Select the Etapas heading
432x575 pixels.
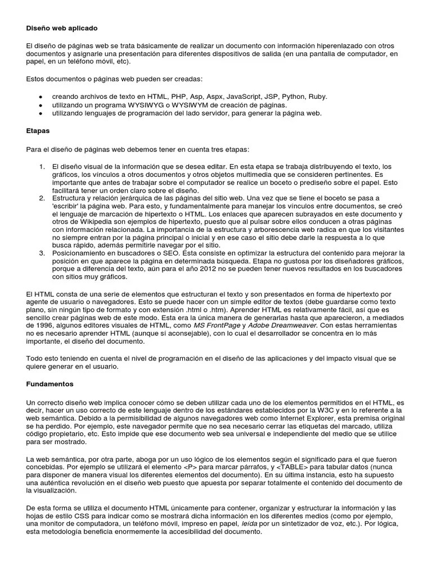(38, 131)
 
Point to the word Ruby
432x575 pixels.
(316, 97)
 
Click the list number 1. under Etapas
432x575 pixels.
(42, 167)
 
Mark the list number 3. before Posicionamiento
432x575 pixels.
(42, 253)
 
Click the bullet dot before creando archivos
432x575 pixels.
(40, 97)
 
